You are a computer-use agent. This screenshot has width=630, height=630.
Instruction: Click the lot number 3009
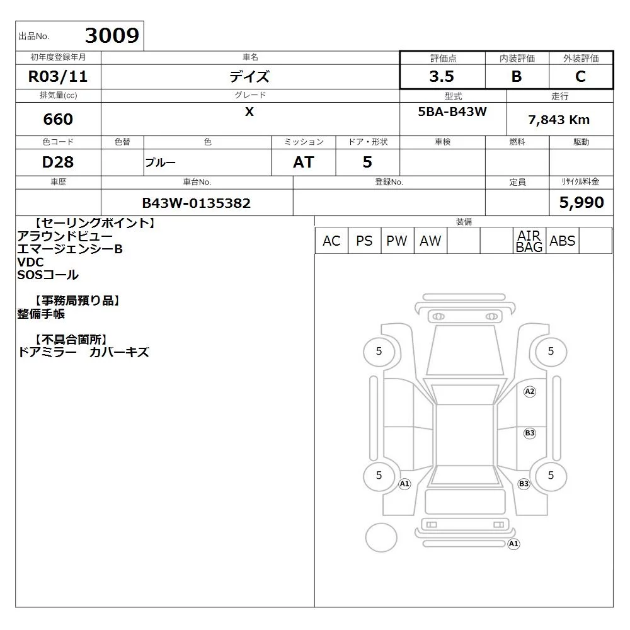click(112, 35)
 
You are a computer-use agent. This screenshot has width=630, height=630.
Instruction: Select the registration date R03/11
click(58, 76)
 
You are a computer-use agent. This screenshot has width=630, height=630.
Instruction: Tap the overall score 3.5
click(442, 76)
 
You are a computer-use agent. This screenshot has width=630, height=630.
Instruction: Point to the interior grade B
click(517, 76)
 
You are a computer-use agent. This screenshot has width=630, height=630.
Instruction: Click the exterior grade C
click(581, 76)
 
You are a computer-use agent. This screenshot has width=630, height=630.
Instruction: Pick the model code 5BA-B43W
click(452, 112)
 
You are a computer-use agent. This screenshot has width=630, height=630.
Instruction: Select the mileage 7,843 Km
click(559, 120)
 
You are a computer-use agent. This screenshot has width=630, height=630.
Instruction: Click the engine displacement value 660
click(58, 119)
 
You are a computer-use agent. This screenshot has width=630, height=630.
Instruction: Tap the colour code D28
click(58, 162)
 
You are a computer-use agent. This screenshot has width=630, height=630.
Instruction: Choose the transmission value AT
click(304, 162)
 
